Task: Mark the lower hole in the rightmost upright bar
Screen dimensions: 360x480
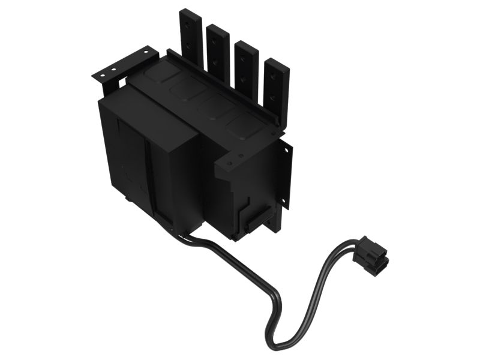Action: pyautogui.click(x=275, y=95)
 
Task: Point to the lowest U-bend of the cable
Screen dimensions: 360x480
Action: pyautogui.click(x=282, y=342)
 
